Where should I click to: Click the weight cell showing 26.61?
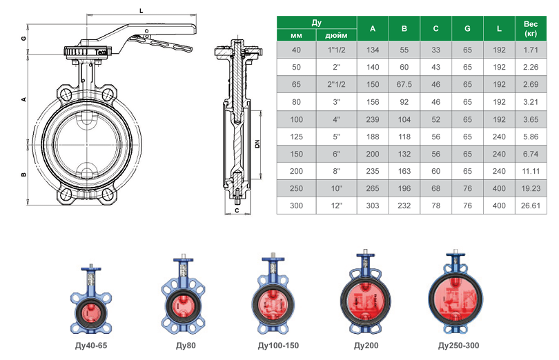[x=531, y=206]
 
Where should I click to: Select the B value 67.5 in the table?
[x=404, y=84]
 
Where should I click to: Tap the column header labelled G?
[x=467, y=28]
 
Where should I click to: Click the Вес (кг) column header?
[x=531, y=28]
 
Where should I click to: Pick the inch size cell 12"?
[x=336, y=206]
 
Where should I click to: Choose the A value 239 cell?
[x=373, y=119]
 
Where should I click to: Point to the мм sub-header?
[x=296, y=35]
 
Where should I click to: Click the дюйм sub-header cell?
[x=336, y=35]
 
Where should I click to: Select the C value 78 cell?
[x=435, y=206]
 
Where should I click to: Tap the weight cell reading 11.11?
[x=531, y=171]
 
